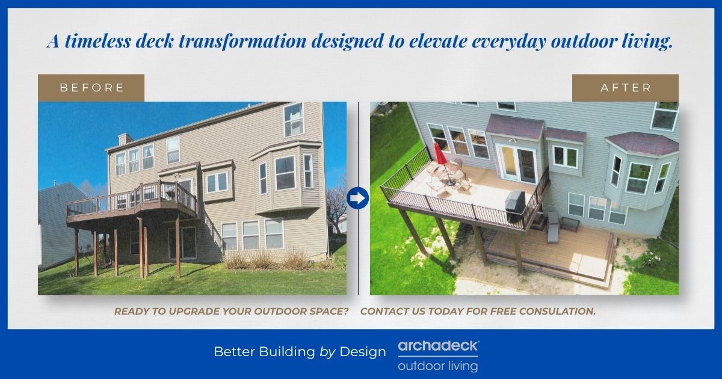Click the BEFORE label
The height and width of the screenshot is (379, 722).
(x=91, y=88)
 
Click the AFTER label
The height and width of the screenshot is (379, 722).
(x=625, y=88)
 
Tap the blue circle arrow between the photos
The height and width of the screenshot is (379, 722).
(x=358, y=198)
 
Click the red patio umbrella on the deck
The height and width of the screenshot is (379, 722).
(x=439, y=154)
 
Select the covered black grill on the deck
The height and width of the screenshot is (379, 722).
(x=515, y=206)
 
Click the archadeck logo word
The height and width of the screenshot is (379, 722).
(x=439, y=346)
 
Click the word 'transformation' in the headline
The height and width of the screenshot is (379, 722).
(x=242, y=42)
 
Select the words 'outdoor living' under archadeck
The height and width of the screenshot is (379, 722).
(x=438, y=366)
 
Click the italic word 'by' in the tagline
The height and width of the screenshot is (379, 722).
(x=327, y=352)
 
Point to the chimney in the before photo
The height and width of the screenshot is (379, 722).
(x=125, y=139)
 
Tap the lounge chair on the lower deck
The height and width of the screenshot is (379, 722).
(x=553, y=227)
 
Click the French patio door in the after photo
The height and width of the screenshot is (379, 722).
(x=517, y=164)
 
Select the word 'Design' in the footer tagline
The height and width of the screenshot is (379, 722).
(x=363, y=351)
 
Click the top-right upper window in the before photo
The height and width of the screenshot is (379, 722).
(x=294, y=119)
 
